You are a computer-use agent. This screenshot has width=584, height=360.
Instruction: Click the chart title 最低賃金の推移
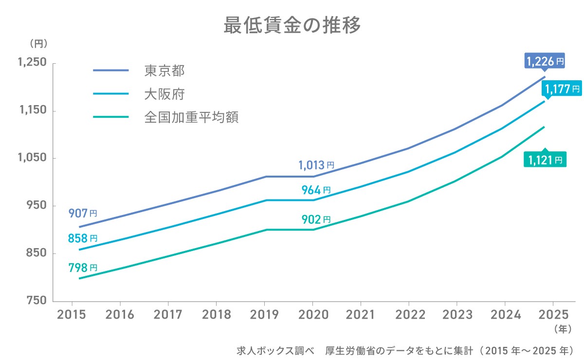[x=292, y=25]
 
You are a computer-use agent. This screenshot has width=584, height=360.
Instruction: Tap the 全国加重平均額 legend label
[x=191, y=117]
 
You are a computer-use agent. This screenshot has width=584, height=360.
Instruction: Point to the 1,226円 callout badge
[x=545, y=61]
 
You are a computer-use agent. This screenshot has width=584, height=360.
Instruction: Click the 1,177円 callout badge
[x=562, y=89]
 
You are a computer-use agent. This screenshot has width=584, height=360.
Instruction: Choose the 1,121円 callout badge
[x=545, y=159]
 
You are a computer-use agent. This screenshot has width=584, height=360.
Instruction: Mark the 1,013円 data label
[x=316, y=165]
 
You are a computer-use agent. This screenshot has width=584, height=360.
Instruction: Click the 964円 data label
[x=316, y=190]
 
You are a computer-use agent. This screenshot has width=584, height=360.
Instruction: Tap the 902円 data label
[x=316, y=219]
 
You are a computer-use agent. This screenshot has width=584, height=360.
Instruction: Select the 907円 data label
[x=82, y=213]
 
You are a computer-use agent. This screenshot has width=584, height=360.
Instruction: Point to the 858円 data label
[x=82, y=238]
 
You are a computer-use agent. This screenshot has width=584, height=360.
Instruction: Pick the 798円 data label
[x=82, y=268]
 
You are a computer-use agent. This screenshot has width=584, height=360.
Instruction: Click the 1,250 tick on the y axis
[x=32, y=63]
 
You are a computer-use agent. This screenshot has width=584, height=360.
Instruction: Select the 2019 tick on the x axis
[x=264, y=314]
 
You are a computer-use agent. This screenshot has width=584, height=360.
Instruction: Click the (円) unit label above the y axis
[x=38, y=43]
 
